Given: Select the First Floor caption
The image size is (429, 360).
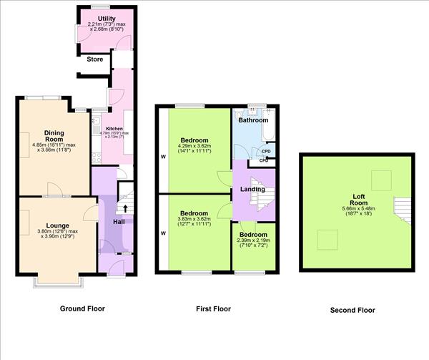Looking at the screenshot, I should tap(213, 309).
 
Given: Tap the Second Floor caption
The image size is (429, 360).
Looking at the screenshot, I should tap(352, 311).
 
